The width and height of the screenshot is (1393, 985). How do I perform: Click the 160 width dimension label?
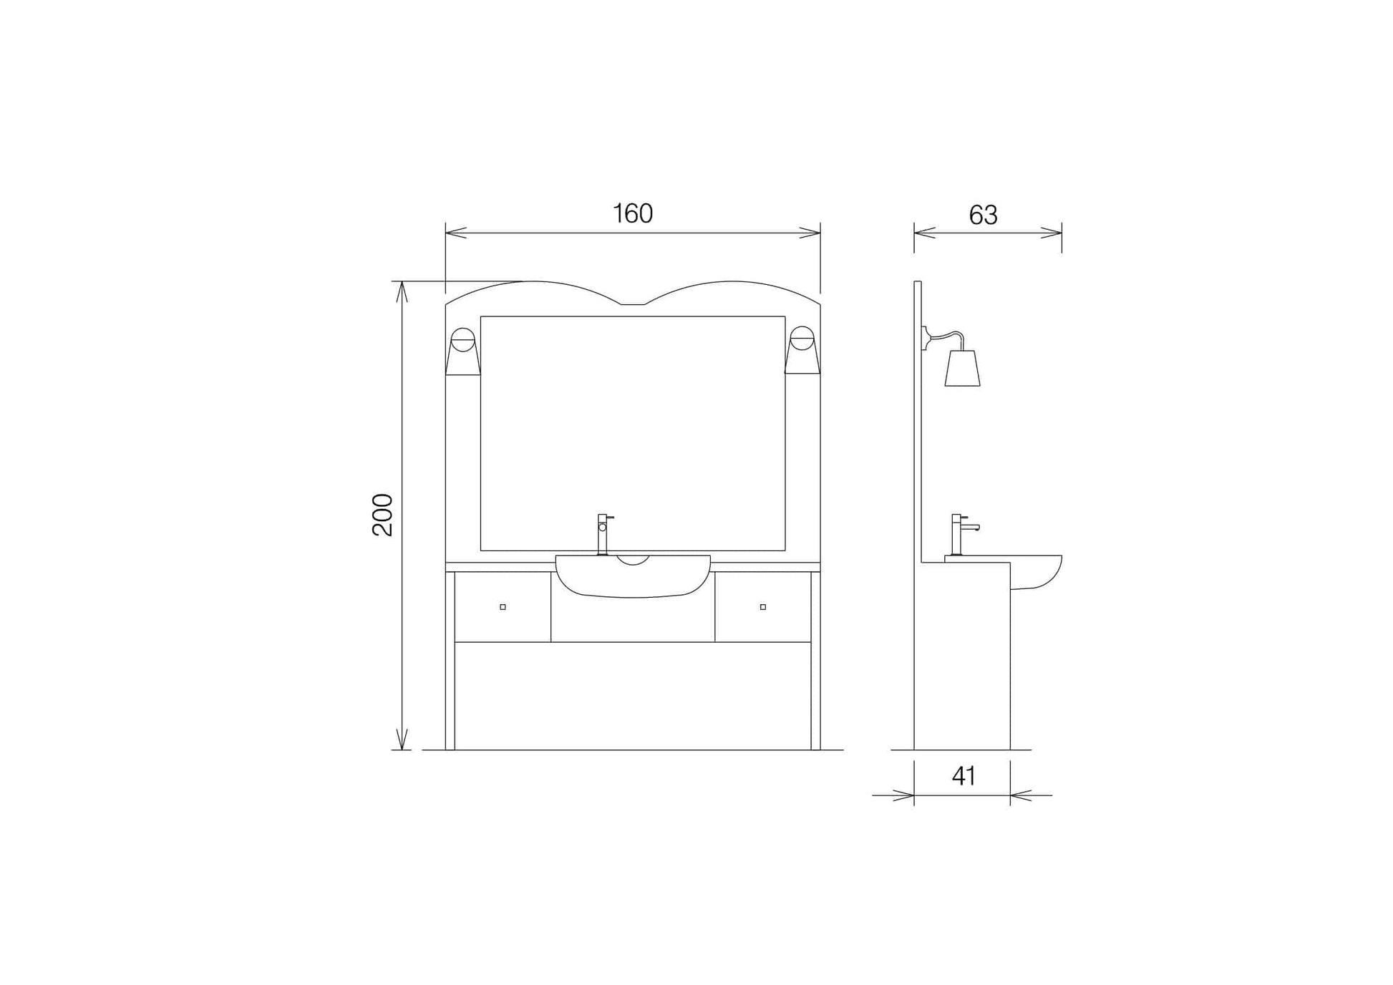click(x=633, y=213)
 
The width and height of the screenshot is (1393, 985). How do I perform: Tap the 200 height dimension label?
click(x=383, y=515)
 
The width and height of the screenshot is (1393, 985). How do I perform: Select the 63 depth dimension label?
click(x=983, y=215)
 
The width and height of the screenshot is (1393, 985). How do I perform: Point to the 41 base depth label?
click(x=964, y=776)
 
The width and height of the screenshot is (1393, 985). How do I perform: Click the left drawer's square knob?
click(x=503, y=607)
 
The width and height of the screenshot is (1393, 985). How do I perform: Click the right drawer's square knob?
click(x=763, y=607)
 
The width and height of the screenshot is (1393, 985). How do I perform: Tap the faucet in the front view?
click(x=603, y=534)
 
